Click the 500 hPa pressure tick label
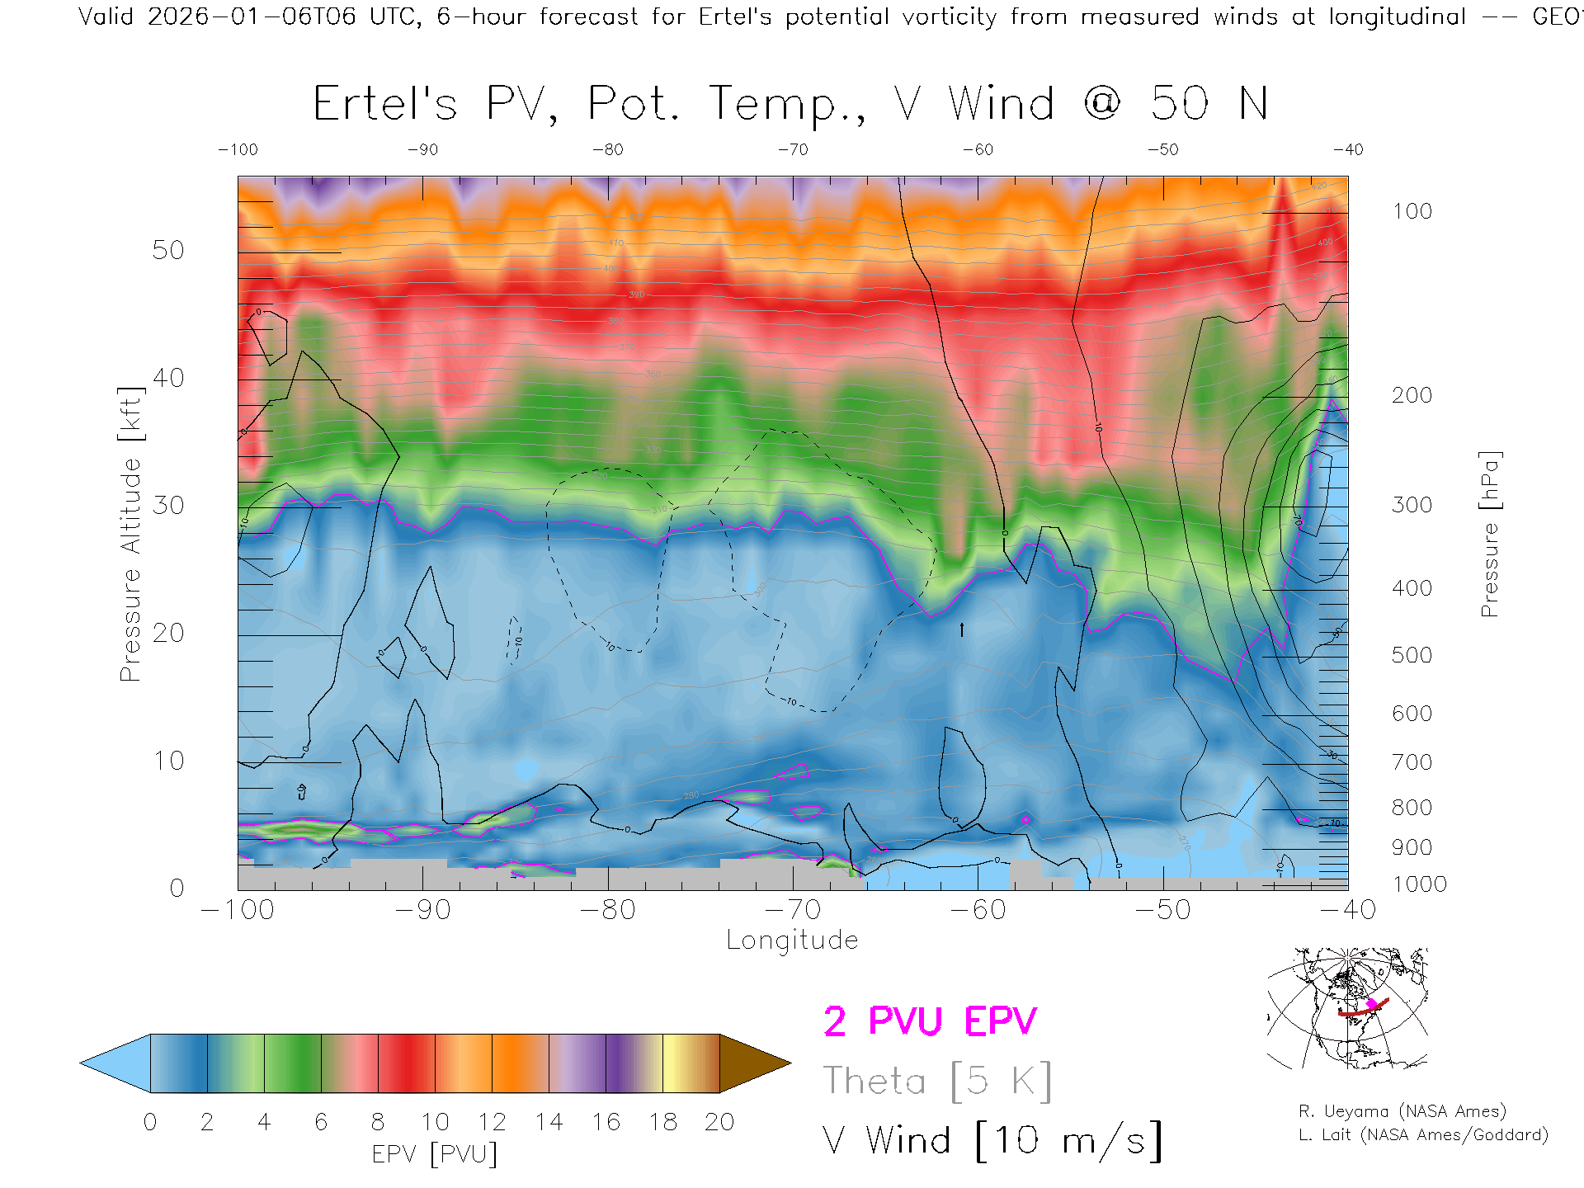coord(1412,655)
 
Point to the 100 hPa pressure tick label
coord(1412,211)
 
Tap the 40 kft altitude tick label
coord(168,378)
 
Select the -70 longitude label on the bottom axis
coord(793,910)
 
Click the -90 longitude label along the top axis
coord(422,150)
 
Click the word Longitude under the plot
coord(792,940)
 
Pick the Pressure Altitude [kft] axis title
coord(130,534)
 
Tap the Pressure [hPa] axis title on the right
coord(1489,534)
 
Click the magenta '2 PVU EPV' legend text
coord(930,1021)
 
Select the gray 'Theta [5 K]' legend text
coord(937,1081)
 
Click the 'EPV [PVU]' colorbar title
coord(435,1154)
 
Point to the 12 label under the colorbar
coord(492,1122)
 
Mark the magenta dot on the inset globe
coord(1371,1004)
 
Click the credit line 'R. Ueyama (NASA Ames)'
coord(1402,1111)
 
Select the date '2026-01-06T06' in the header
coord(252,16)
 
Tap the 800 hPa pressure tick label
coord(1412,808)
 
